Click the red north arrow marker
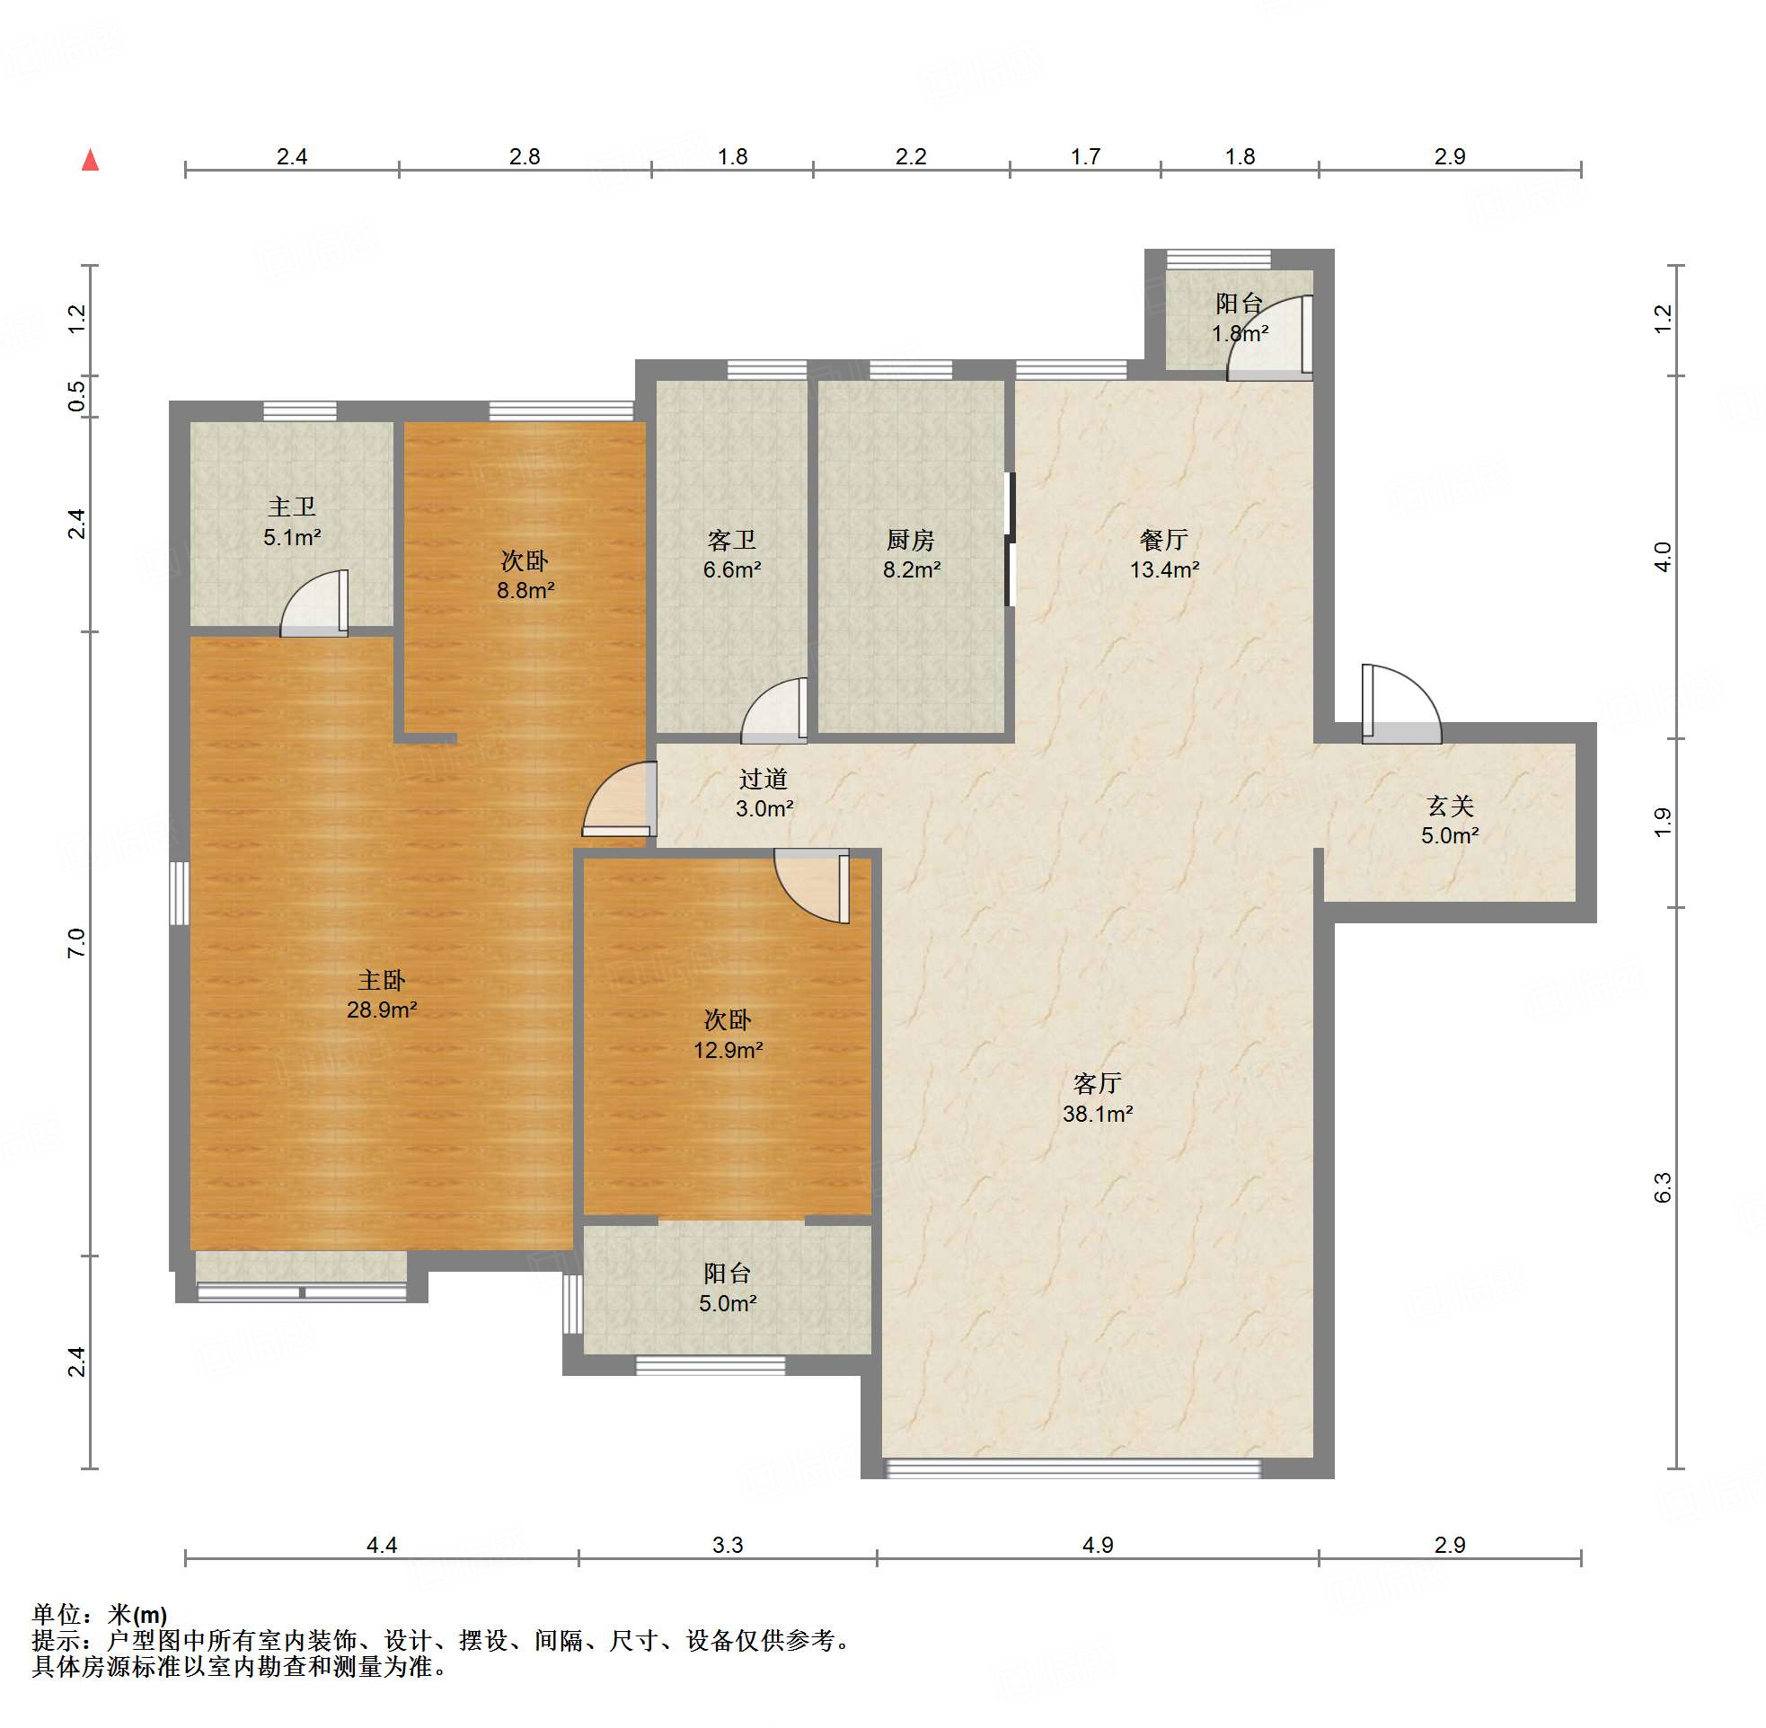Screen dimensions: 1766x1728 pyautogui.click(x=90, y=161)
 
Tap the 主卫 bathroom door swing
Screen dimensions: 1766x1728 pyautogui.click(x=314, y=604)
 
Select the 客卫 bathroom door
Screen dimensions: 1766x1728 pyautogui.click(x=774, y=710)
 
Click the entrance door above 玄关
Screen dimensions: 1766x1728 pyautogui.click(x=1401, y=704)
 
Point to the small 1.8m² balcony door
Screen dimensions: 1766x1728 pyautogui.click(x=1269, y=338)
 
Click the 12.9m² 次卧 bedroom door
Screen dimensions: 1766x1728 pyautogui.click(x=811, y=886)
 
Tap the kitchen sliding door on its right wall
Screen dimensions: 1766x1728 pyautogui.click(x=1009, y=539)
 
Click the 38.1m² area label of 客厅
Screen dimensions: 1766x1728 pyautogui.click(x=1097, y=1114)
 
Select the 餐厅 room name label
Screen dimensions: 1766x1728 pyautogui.click(x=1163, y=540)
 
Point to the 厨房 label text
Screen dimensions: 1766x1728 pyautogui.click(x=910, y=540)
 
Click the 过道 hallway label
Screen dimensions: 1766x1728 pyautogui.click(x=764, y=779)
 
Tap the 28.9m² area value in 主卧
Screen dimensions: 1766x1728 pyautogui.click(x=381, y=1009)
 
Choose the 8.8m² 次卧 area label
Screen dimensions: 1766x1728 pyautogui.click(x=525, y=590)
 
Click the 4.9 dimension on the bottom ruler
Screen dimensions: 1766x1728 pyautogui.click(x=1097, y=1545)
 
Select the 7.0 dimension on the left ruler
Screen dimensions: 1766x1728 pyautogui.click(x=76, y=943)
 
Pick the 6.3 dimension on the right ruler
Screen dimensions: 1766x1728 pyautogui.click(x=1662, y=1188)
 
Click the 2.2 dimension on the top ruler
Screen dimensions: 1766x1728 pyautogui.click(x=910, y=156)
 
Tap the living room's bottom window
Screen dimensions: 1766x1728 pyautogui.click(x=1073, y=1468)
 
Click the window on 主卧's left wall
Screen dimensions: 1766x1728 pyautogui.click(x=180, y=893)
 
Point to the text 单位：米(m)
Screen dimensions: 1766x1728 pyautogui.click(x=100, y=1615)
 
